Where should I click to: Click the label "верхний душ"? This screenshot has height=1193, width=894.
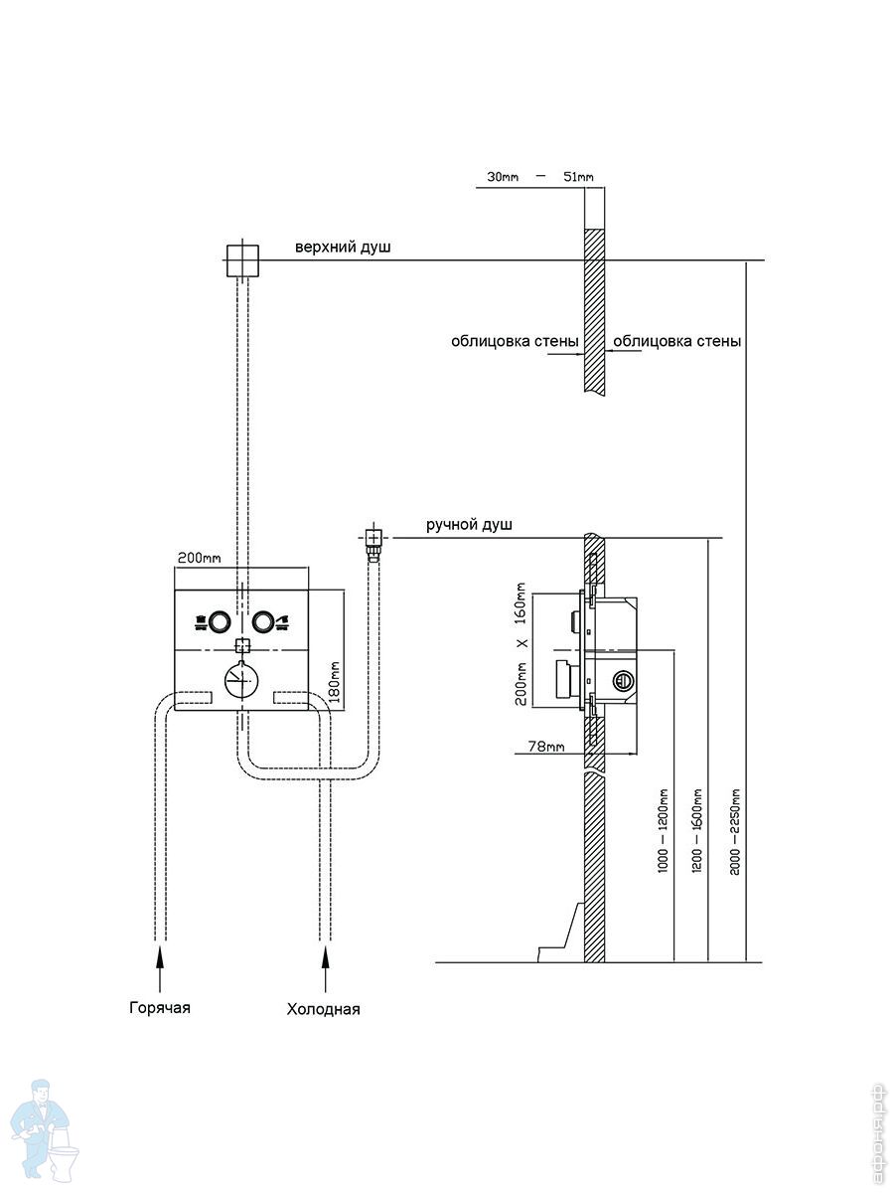[x=343, y=248]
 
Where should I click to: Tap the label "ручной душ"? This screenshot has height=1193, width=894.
[x=469, y=525]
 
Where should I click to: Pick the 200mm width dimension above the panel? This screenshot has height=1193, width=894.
[x=200, y=558]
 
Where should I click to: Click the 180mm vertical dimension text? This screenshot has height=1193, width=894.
[x=335, y=682]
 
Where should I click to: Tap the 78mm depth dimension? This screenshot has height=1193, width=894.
[x=546, y=747]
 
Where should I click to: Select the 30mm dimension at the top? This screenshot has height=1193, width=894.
[x=503, y=177]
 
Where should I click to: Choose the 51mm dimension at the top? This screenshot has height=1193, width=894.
[x=578, y=177]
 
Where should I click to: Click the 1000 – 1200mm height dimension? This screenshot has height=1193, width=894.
[x=663, y=831]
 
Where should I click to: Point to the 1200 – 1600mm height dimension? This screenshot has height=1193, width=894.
[x=697, y=831]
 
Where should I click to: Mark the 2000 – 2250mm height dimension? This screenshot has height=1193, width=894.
[x=734, y=831]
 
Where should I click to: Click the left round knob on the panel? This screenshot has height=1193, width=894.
[x=220, y=621]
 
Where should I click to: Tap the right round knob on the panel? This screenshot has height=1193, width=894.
[x=262, y=621]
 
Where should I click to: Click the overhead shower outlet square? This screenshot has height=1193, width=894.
[x=242, y=260]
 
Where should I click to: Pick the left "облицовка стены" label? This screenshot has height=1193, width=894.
[x=515, y=341]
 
